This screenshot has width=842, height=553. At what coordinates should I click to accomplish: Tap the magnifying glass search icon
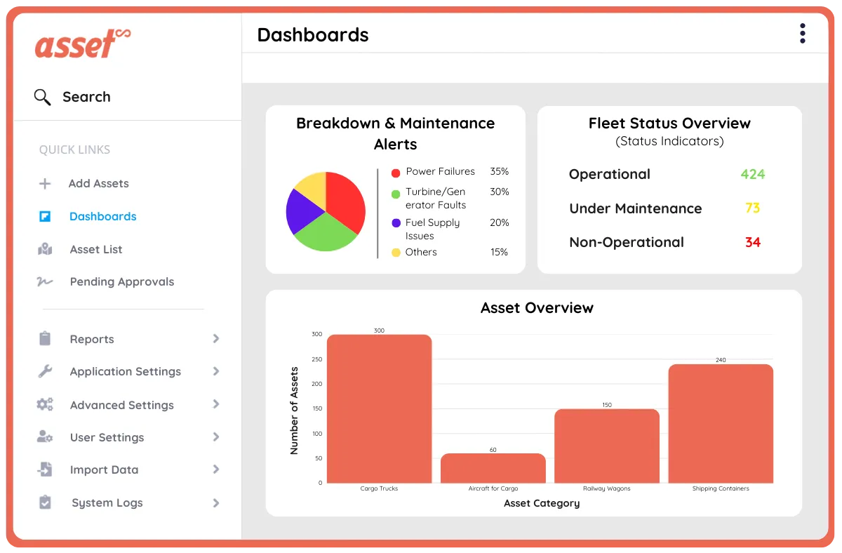pos(43,97)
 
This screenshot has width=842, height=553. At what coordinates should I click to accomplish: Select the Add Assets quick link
pos(98,183)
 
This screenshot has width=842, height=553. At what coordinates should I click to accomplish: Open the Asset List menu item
pos(96,249)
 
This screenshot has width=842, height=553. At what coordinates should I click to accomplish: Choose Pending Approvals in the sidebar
pos(121,281)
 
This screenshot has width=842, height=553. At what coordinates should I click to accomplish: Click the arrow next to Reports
pos(216,339)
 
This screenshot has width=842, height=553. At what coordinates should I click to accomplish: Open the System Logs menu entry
pos(107,502)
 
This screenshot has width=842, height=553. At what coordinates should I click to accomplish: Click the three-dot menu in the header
pos(802,34)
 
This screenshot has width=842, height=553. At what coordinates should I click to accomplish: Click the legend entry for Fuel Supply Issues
pos(432,229)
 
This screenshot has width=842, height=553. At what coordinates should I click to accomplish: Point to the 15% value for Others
pos(499,252)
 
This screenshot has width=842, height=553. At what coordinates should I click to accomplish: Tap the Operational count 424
pos(752,174)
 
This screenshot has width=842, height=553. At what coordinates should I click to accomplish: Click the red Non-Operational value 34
pos(752,242)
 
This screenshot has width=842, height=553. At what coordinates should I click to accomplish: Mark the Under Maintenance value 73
pos(752,208)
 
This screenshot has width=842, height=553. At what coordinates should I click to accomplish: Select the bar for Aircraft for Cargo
pos(493,468)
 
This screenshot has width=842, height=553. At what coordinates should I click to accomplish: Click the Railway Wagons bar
pos(606,446)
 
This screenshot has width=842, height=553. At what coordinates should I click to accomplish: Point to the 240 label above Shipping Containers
pos(721,360)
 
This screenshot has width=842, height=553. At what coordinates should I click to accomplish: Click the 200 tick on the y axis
pos(317,384)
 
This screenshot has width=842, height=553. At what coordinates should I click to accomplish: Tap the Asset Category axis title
pos(541,503)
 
